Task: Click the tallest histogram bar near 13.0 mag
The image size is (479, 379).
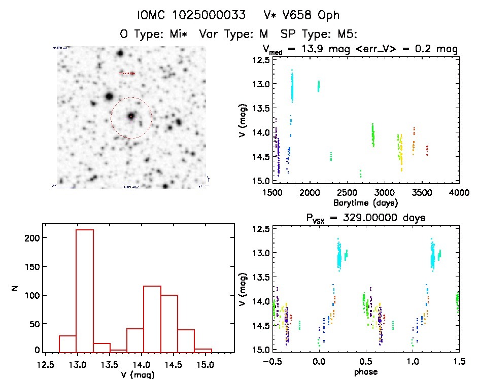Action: (x=85, y=289)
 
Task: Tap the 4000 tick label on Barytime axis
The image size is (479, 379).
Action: (x=459, y=193)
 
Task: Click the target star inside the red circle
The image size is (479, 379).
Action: (x=131, y=117)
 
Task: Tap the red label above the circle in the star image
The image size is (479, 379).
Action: (x=127, y=74)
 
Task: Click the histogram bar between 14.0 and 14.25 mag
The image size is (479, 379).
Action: (x=152, y=319)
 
